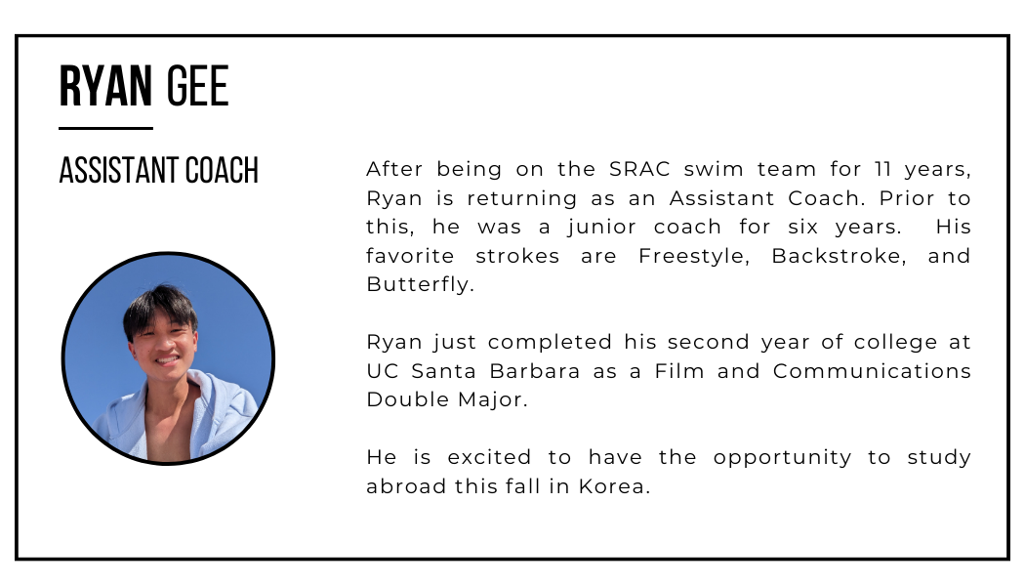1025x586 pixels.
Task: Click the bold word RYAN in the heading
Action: click(105, 88)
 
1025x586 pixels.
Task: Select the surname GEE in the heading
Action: click(197, 88)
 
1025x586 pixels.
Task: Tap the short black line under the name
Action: click(105, 128)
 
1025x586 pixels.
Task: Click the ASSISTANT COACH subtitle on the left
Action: click(159, 170)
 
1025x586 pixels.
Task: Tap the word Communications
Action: click(873, 371)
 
